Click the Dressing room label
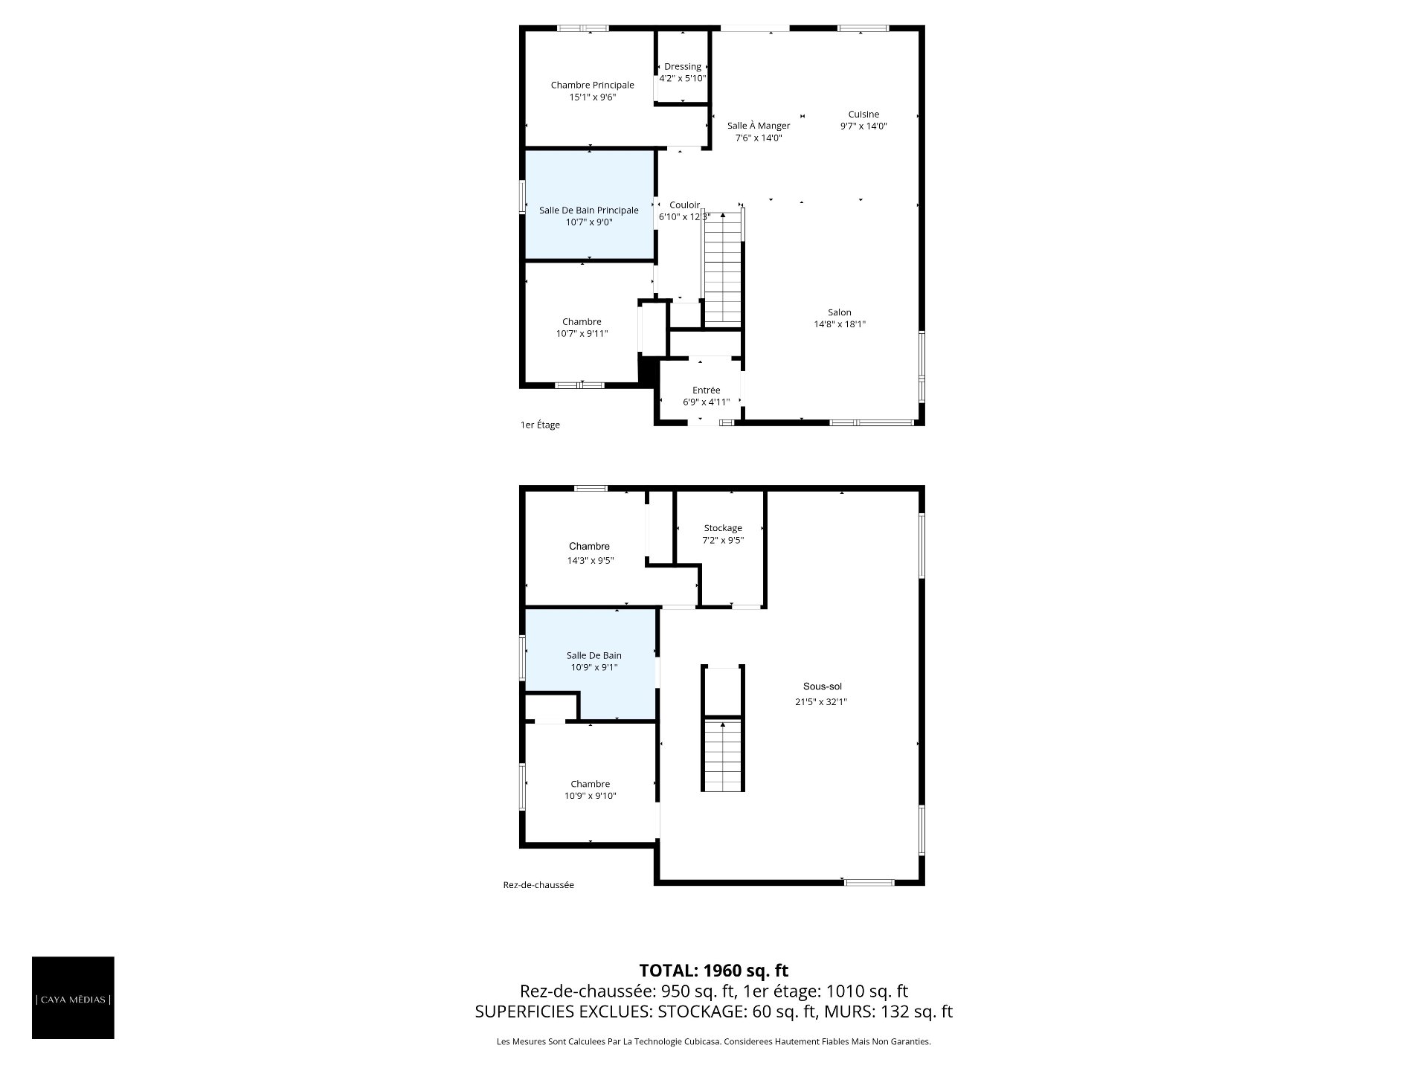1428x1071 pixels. [682, 67]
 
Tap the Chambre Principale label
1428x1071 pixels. [592, 86]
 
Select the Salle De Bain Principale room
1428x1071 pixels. [590, 205]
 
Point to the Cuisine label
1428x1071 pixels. [863, 115]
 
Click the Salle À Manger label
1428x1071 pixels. [759, 126]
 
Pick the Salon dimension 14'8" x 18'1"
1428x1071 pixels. [840, 324]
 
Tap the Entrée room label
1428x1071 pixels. [706, 390]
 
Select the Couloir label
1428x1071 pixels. [684, 205]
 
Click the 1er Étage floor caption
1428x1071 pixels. [540, 425]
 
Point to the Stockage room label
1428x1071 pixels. [723, 528]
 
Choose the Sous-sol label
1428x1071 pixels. [822, 686]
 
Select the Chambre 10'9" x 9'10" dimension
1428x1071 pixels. [590, 796]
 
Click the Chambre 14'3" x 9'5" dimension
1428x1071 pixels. [590, 561]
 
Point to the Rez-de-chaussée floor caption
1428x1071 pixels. [538, 885]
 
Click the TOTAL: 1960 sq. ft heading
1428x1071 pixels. [713, 971]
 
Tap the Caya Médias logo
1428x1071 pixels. [73, 997]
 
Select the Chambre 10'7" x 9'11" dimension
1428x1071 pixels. [582, 334]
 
